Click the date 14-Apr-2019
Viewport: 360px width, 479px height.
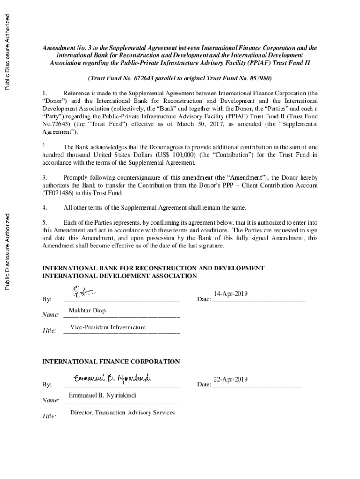230,293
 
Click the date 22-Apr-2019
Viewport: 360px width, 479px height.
230,379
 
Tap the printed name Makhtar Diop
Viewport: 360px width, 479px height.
87,311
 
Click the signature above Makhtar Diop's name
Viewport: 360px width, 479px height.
83,293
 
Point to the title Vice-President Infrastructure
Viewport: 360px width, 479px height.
108,327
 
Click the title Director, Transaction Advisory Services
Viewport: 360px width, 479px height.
122,413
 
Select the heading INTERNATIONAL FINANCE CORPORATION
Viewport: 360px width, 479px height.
111,362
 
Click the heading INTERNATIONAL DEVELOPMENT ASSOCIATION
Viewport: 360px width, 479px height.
120,276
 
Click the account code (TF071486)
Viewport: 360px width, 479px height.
59,193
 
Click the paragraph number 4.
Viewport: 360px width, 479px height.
45,207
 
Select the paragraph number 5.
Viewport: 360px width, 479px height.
45,223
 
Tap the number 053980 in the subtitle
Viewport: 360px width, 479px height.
258,78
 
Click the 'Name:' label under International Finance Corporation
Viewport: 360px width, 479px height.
50,401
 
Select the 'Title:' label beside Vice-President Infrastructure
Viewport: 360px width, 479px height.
50,331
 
